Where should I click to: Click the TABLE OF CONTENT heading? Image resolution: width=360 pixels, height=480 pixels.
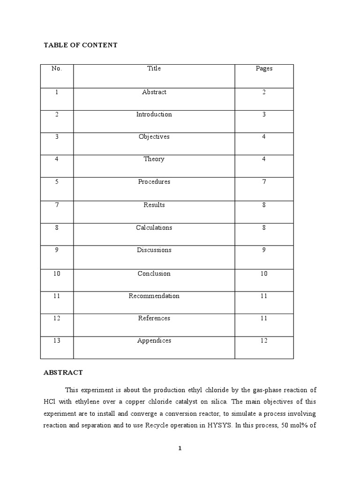(x=80, y=45)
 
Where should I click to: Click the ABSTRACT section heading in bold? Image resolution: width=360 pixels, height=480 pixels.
(x=63, y=373)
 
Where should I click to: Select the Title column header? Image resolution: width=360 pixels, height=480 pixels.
(x=154, y=68)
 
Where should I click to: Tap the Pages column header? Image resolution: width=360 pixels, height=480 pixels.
(x=264, y=68)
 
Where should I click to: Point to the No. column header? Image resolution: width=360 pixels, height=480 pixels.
(x=57, y=68)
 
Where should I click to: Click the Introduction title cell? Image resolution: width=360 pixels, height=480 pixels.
(x=154, y=114)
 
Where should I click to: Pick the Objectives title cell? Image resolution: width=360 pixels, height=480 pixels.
(x=154, y=137)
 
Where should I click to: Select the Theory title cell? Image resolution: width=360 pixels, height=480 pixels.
(x=154, y=159)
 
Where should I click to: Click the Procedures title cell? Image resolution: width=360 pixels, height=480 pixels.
(x=154, y=182)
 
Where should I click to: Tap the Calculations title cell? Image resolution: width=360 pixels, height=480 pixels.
(x=154, y=228)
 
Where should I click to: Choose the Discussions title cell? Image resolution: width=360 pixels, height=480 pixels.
(x=154, y=250)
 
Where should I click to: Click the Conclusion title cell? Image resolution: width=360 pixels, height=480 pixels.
(x=154, y=274)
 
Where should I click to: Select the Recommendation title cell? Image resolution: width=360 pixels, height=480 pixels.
(x=154, y=296)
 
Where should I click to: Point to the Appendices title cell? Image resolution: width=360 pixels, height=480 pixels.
(x=154, y=341)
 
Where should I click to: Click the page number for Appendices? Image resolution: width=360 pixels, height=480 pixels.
(x=264, y=341)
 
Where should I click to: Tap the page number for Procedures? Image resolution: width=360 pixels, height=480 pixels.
(x=264, y=182)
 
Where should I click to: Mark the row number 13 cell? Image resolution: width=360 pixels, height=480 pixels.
(x=57, y=341)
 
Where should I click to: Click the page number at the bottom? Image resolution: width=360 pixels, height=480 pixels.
(x=180, y=449)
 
